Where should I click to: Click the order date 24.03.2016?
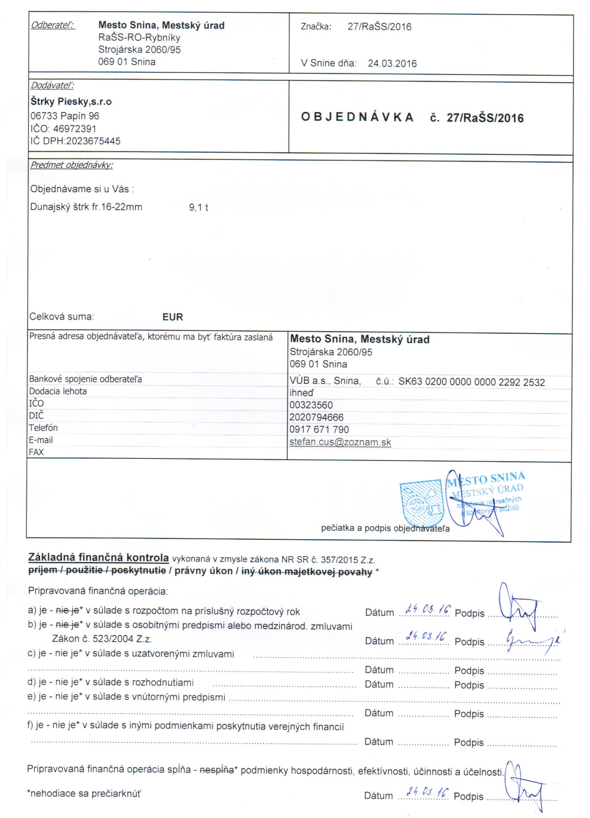click(x=392, y=64)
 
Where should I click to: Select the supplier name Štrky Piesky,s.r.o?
click(x=71, y=102)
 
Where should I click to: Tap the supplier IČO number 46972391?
click(x=75, y=129)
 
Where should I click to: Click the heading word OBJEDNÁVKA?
click(x=357, y=117)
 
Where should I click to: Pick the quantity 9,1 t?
click(x=199, y=207)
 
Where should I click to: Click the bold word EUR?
click(x=172, y=317)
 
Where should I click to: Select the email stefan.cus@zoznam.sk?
click(x=340, y=442)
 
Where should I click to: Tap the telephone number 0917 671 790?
click(x=319, y=430)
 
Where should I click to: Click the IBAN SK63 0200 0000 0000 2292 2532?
click(x=472, y=382)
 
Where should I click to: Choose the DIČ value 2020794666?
click(x=316, y=417)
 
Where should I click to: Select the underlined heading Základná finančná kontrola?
click(x=99, y=558)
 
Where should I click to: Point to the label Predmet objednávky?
click(x=71, y=165)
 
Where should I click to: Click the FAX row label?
click(x=36, y=452)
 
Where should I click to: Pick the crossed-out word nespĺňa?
click(x=217, y=770)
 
